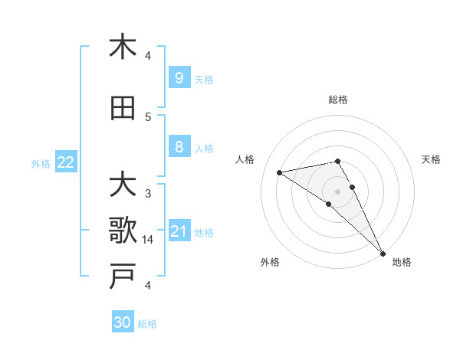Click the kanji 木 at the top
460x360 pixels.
click(x=123, y=47)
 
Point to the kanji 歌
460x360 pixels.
click(x=123, y=230)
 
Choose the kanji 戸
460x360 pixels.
click(x=123, y=277)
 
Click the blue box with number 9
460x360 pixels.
click(x=179, y=78)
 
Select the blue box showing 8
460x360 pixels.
click(x=179, y=147)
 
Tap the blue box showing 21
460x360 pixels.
click(x=179, y=231)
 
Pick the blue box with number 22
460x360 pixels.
click(x=65, y=162)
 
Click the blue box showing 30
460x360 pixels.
click(x=123, y=322)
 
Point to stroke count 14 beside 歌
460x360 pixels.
click(x=148, y=240)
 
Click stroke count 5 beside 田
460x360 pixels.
click(x=148, y=116)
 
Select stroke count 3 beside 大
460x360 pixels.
click(x=148, y=193)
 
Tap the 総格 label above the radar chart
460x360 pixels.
click(x=338, y=100)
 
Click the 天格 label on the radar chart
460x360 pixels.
click(x=431, y=159)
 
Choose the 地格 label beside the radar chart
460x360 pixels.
click(x=402, y=262)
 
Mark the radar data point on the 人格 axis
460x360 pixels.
click(x=280, y=172)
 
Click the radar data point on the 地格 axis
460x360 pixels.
click(x=383, y=253)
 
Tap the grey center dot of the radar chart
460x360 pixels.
click(x=338, y=191)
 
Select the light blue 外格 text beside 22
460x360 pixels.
click(x=40, y=163)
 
